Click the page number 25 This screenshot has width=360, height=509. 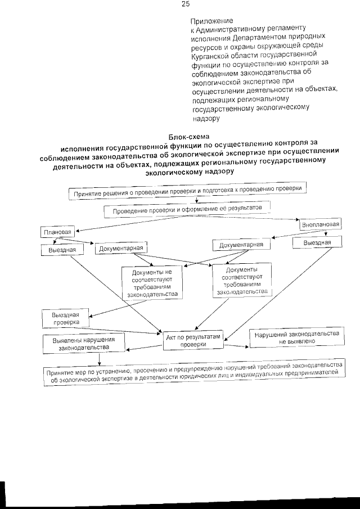pos(186,4)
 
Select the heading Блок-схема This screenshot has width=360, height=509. pos(188,137)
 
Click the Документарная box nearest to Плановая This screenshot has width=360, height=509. pos(121,248)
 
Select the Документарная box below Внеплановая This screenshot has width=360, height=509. pos(241,245)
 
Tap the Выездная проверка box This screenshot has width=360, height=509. pos(65,318)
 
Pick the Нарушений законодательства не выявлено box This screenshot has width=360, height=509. pos(296,337)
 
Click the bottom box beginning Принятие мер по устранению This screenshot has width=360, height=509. pos(195,372)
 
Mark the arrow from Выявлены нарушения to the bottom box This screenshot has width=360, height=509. pos(100,359)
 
